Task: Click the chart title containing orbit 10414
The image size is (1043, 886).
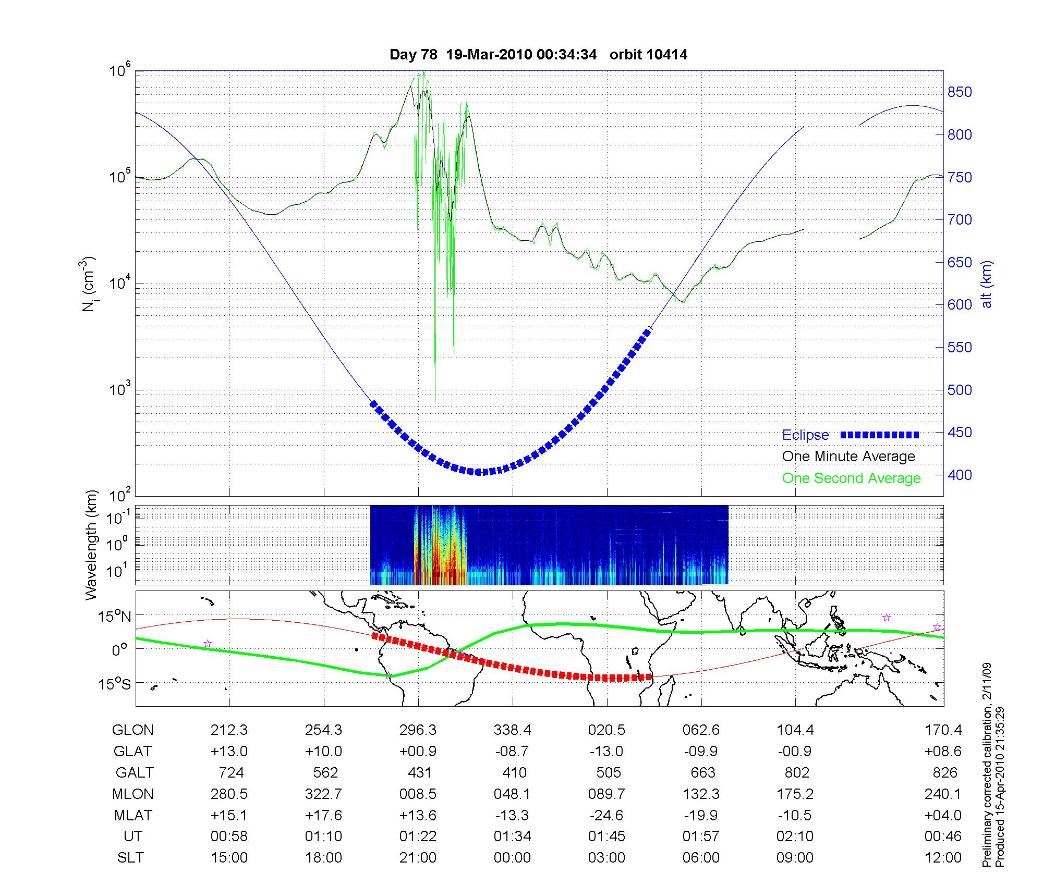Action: click(538, 54)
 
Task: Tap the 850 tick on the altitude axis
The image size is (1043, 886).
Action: click(960, 92)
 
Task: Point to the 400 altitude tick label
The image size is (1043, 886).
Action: click(960, 475)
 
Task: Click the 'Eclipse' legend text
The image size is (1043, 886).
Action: click(805, 435)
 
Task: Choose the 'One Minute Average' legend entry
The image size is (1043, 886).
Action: click(848, 457)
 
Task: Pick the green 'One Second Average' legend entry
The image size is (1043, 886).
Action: click(851, 478)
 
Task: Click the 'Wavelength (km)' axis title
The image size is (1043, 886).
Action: click(91, 545)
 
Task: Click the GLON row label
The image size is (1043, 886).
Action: click(132, 730)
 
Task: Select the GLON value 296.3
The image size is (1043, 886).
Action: click(418, 730)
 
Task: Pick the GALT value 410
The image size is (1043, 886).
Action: click(514, 772)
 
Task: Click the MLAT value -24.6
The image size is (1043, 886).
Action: click(607, 815)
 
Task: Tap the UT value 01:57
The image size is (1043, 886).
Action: click(701, 836)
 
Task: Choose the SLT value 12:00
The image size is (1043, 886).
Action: click(943, 858)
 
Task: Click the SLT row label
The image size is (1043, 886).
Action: click(130, 858)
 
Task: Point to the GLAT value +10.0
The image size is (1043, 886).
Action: click(323, 751)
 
